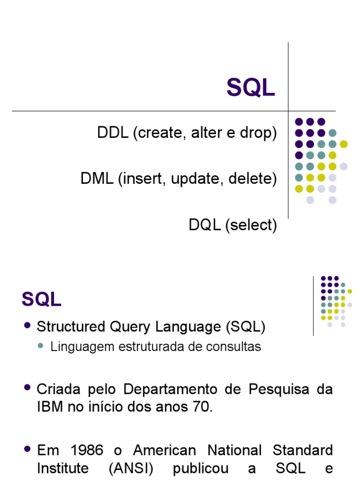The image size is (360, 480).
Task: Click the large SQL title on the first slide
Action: [x=250, y=87]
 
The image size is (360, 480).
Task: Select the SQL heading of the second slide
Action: [x=41, y=299]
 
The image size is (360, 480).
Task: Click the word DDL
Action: [x=112, y=133]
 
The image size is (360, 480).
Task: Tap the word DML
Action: [x=97, y=179]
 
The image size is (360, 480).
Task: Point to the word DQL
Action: [x=205, y=225]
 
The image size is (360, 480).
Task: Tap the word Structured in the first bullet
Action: [x=71, y=327]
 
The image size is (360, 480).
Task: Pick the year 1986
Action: [x=87, y=450]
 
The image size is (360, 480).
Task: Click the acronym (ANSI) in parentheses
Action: [x=131, y=468]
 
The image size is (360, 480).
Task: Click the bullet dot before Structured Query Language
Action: [x=27, y=325]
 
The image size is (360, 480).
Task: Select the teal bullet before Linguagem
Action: [x=40, y=346]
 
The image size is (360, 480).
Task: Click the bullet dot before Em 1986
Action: [x=27, y=449]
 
